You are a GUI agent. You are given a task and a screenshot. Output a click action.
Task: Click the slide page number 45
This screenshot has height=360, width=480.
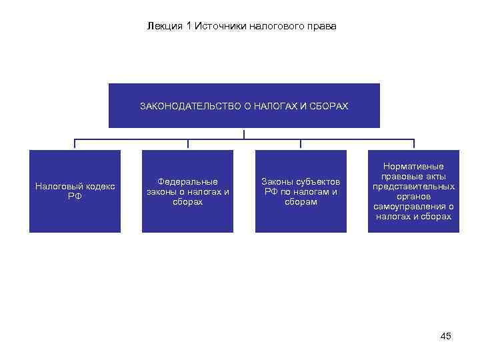pos(446,336)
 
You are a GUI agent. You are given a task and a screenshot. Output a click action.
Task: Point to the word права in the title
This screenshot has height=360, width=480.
pos(323,27)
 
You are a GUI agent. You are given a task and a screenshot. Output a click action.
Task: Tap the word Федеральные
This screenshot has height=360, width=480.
pos(187,181)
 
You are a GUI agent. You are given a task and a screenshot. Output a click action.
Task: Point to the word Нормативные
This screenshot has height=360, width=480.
pos(413,166)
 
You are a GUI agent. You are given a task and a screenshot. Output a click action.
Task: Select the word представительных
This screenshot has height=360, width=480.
pos(413,187)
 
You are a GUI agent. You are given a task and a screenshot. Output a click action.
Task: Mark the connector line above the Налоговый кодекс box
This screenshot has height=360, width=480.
pos(75,143)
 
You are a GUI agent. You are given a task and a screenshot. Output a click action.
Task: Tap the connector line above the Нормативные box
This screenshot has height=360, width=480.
pos(413,143)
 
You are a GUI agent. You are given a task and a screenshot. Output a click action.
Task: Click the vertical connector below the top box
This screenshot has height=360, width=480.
pos(244,133)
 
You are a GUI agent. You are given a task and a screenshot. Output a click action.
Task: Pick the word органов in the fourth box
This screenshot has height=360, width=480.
pos(413,197)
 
